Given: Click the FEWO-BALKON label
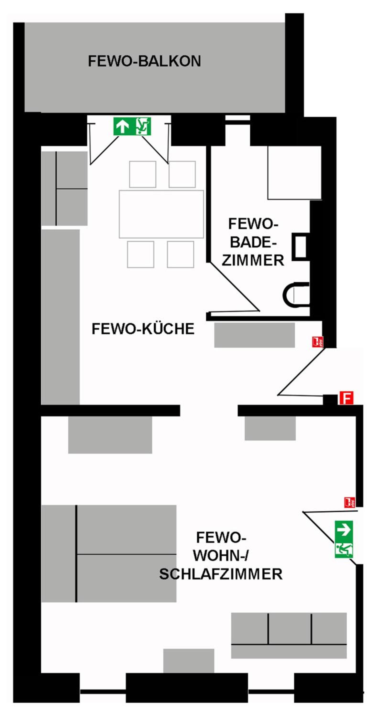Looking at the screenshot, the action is pyautogui.click(x=144, y=61).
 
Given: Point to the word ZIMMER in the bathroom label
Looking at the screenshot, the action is pyautogui.click(x=253, y=260).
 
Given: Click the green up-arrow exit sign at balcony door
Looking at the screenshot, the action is pyautogui.click(x=132, y=126).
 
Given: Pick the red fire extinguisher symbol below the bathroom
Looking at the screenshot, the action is pyautogui.click(x=317, y=342).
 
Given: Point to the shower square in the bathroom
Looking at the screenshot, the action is pyautogui.click(x=295, y=173).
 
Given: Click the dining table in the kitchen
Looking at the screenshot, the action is pyautogui.click(x=161, y=214).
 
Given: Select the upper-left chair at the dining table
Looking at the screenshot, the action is pyautogui.click(x=142, y=174).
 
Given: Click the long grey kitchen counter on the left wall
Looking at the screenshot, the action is pyautogui.click(x=60, y=317).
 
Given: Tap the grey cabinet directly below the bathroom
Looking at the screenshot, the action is pyautogui.click(x=254, y=335).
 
